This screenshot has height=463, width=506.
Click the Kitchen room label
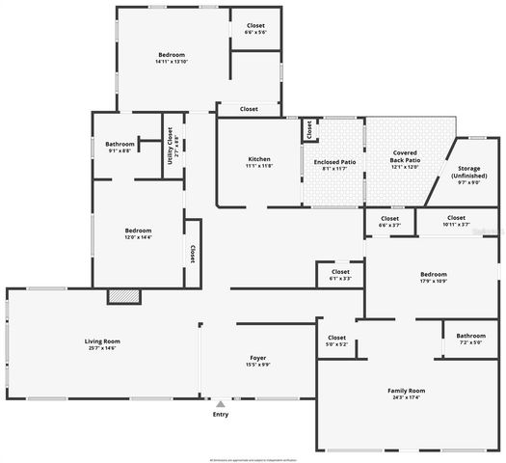[258, 159]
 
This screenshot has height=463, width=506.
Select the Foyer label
[257, 358]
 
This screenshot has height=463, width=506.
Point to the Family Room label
[406, 391]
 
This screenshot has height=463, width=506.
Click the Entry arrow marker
[221, 404]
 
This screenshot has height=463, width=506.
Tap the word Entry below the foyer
[221, 415]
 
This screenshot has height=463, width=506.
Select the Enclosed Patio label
[334, 162]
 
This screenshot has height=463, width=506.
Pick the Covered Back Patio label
[404, 155]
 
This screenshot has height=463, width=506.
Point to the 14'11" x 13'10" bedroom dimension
[172, 63]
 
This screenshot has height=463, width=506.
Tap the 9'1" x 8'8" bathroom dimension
[120, 150]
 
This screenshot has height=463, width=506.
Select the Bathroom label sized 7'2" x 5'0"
[470, 336]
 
